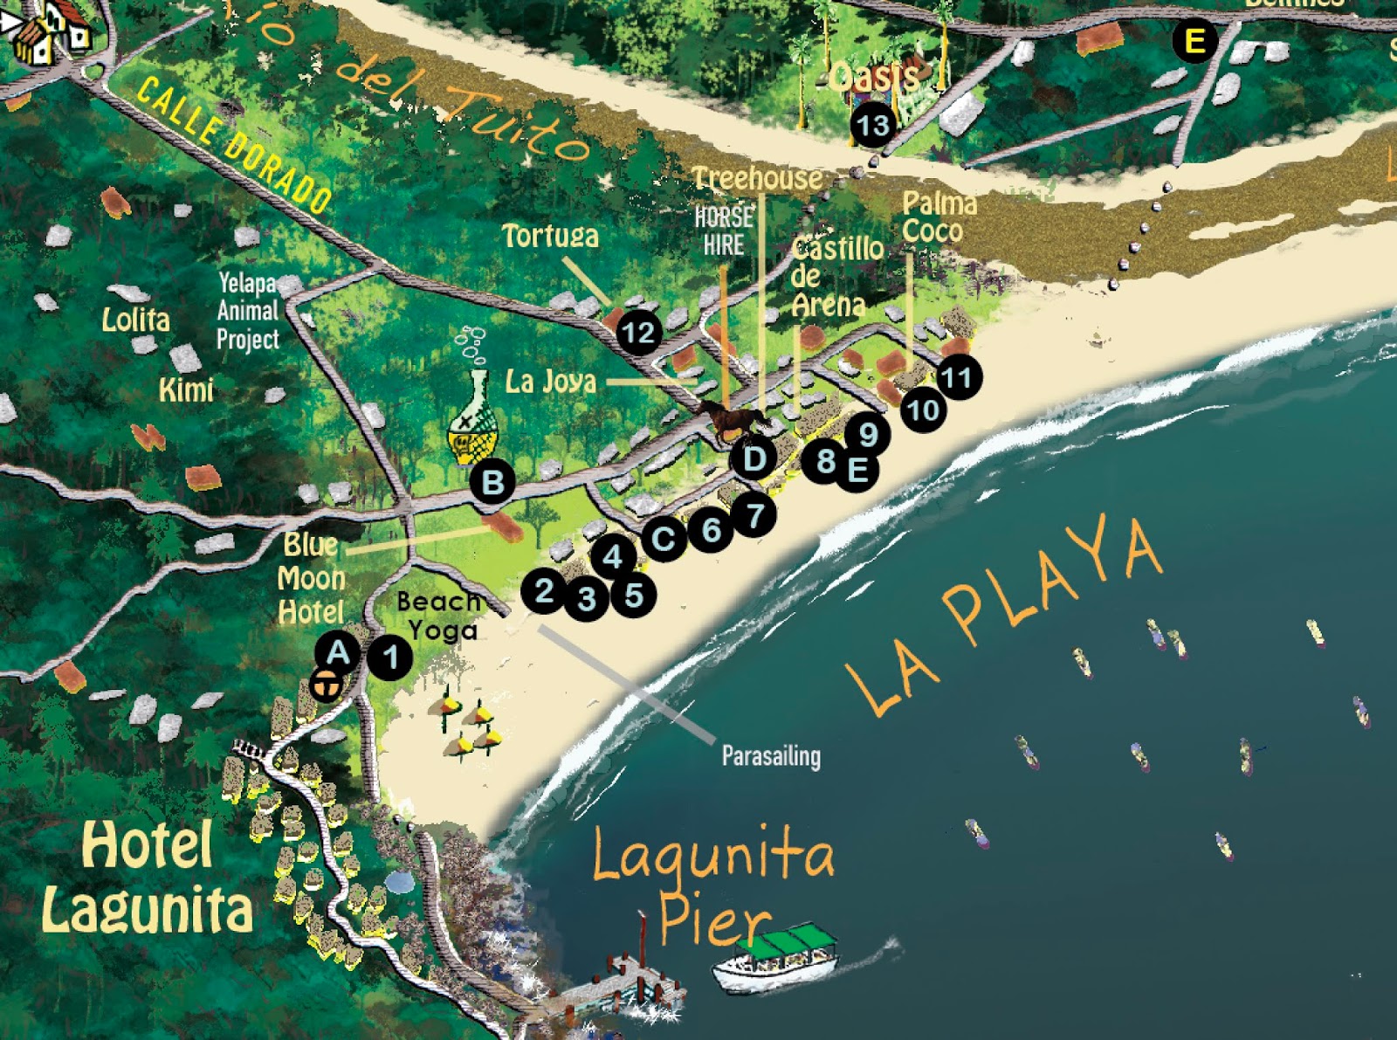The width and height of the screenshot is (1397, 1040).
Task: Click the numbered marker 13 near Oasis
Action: (x=872, y=126)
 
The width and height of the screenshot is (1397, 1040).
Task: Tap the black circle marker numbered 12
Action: (x=638, y=332)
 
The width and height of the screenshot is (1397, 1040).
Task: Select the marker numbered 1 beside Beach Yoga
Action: (x=390, y=657)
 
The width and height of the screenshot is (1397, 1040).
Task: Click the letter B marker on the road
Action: (x=492, y=482)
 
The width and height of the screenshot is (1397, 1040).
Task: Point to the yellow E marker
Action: (x=1194, y=40)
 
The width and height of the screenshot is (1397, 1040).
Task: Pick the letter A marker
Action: (x=338, y=652)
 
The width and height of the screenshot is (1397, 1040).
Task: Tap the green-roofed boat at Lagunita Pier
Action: (x=774, y=959)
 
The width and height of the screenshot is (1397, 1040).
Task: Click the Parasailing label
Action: (x=771, y=755)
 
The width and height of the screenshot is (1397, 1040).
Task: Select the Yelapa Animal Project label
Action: (x=248, y=311)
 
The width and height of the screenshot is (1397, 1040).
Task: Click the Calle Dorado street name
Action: (x=234, y=144)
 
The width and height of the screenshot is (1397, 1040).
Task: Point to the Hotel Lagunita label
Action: (x=148, y=877)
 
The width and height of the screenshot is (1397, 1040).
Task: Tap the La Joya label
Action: (x=551, y=382)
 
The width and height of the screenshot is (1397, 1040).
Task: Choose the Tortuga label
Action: (x=550, y=236)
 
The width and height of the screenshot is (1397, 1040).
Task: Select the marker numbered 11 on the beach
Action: (x=957, y=377)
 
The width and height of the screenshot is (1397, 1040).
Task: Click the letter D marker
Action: (x=754, y=458)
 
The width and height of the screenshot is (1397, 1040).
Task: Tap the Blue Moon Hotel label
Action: (x=312, y=578)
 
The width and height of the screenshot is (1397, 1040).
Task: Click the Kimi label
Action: (x=186, y=389)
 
